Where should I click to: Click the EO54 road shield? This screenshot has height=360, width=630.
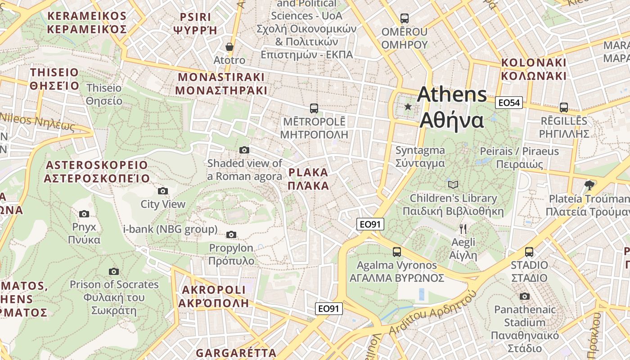pyautogui.click(x=509, y=103)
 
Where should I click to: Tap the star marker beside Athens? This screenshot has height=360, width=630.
pyautogui.click(x=408, y=107)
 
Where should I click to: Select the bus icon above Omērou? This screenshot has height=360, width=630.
pyautogui.click(x=405, y=18)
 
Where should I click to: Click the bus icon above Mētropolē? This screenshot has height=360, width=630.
pyautogui.click(x=314, y=108)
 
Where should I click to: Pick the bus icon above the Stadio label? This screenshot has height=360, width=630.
pyautogui.click(x=529, y=252)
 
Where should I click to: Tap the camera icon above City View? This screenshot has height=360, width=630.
pyautogui.click(x=163, y=191)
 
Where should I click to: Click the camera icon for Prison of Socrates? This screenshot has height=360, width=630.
pyautogui.click(x=114, y=271)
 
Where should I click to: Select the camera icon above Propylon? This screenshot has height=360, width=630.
pyautogui.click(x=231, y=234)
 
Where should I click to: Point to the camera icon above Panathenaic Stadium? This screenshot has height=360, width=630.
pyautogui.click(x=524, y=296)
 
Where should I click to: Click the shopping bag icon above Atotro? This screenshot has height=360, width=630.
pyautogui.click(x=229, y=47)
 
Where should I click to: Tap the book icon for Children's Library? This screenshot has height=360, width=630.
pyautogui.click(x=453, y=184)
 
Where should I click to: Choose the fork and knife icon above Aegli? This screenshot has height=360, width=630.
pyautogui.click(x=463, y=229)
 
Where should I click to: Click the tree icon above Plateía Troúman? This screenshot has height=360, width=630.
pyautogui.click(x=589, y=185)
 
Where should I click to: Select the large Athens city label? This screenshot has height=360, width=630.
pyautogui.click(x=452, y=108)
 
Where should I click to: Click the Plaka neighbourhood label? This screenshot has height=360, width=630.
pyautogui.click(x=308, y=179)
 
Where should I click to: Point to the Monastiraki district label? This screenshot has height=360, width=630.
pyautogui.click(x=221, y=83)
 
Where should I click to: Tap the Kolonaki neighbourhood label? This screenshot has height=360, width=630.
pyautogui.click(x=534, y=69)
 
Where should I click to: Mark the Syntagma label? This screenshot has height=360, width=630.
pyautogui.click(x=420, y=157)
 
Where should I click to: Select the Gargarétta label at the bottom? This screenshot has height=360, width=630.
pyautogui.click(x=236, y=353)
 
